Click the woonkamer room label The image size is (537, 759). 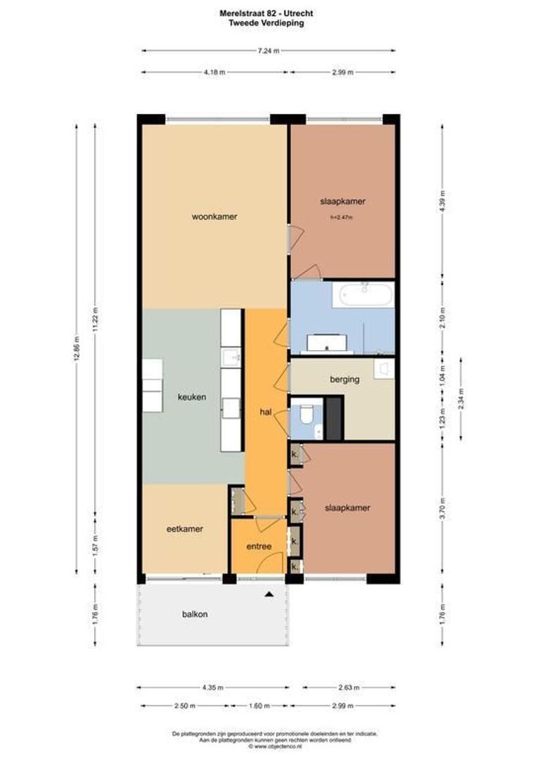[x=214, y=216]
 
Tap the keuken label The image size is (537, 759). [x=192, y=397]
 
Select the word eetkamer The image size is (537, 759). [x=185, y=529]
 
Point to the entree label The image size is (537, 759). [x=259, y=546]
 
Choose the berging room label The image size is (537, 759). [x=344, y=379]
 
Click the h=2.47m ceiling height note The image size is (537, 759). [x=342, y=218]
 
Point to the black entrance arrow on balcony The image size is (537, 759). [x=268, y=595]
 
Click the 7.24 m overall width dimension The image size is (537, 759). [x=268, y=51]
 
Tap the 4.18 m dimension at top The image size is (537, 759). [x=214, y=72]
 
